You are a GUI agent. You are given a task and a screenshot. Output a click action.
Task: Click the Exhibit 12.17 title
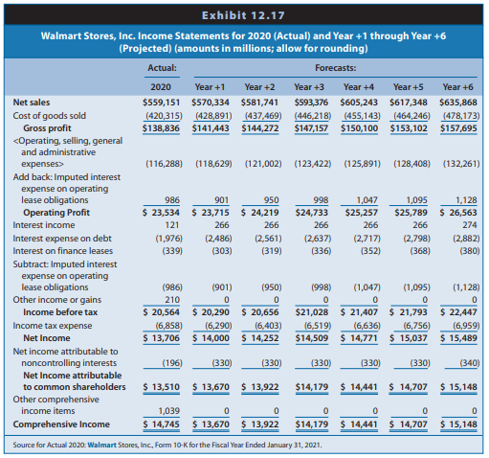coord(243,15)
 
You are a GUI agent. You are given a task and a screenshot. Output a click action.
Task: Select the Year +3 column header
coord(309,87)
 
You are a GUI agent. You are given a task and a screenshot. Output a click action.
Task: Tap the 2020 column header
coord(161,87)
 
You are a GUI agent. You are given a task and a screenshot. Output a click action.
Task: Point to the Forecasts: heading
coord(336,68)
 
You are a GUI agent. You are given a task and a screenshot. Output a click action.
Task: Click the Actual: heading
coord(162,68)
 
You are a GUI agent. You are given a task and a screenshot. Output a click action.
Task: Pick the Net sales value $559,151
coord(162,103)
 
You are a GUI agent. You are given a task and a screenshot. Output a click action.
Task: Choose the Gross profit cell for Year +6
coord(458,128)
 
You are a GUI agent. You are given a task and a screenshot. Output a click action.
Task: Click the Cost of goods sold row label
coord(50,116)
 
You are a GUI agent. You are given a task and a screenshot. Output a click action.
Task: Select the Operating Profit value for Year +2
coord(260,213)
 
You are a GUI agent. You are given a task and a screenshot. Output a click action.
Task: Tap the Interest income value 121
coord(172,225)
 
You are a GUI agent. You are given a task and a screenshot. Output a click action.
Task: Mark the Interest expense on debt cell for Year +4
coord(367,239)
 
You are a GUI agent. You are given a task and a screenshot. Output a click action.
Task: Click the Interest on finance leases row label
coord(63,251)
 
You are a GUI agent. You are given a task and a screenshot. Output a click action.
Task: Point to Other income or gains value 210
coord(172,300)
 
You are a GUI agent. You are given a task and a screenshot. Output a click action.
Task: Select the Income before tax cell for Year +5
coord(409,312)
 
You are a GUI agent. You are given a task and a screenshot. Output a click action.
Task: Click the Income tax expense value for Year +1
coord(218,326)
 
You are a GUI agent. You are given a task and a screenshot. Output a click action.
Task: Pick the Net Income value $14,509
coord(312,338)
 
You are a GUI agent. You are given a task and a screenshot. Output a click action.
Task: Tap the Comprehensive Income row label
coord(61,424)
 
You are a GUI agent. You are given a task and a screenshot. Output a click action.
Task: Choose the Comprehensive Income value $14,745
coord(161,424)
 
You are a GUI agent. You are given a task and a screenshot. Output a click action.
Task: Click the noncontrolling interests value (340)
coord(470,363)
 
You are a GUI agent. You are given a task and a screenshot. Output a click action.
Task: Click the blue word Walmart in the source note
coord(101,445)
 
